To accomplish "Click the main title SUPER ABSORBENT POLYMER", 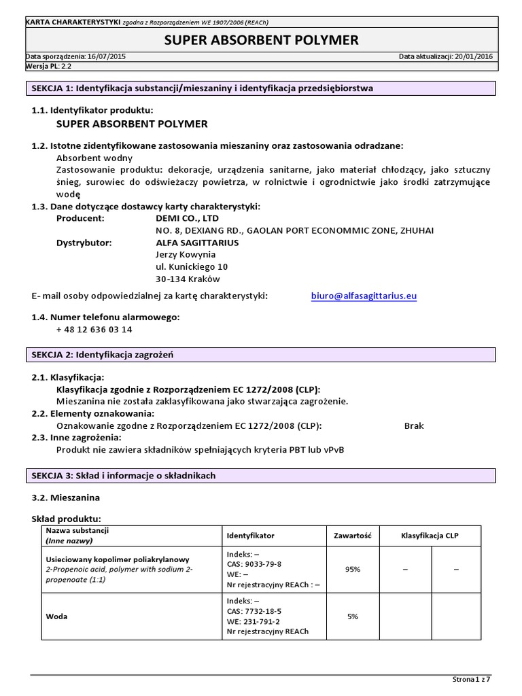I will click(x=262, y=41).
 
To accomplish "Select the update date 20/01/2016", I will click(x=471, y=57).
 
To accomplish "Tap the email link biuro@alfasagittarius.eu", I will click(x=364, y=296).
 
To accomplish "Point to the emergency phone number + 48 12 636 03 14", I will click(x=94, y=330).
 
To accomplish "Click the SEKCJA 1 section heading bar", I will click(x=261, y=88).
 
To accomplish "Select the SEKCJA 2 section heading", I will click(x=261, y=355).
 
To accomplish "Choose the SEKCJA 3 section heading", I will click(x=261, y=476).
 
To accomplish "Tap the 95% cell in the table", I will click(x=352, y=570).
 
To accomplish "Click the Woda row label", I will click(x=56, y=616).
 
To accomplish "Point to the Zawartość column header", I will click(x=352, y=536).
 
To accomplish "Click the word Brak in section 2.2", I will click(x=413, y=425).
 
